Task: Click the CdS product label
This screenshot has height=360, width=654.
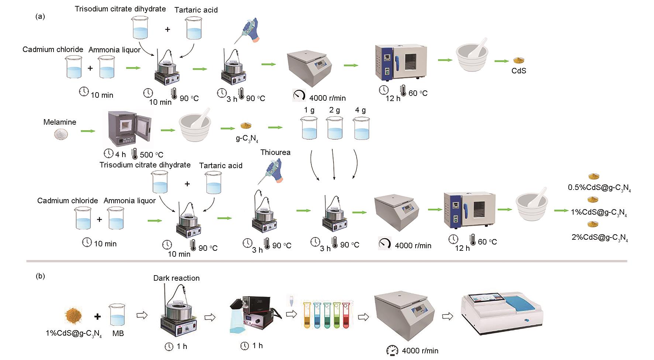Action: (519, 71)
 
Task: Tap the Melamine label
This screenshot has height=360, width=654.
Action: (60, 122)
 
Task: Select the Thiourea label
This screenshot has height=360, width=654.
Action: (275, 152)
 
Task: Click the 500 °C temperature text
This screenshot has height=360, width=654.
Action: (151, 155)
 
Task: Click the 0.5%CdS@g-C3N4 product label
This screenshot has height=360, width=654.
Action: (599, 188)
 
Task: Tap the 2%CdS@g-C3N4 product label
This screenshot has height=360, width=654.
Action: (599, 238)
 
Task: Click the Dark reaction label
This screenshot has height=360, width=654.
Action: (176, 278)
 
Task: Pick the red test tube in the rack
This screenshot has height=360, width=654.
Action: (346, 315)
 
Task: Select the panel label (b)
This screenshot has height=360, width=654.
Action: (40, 276)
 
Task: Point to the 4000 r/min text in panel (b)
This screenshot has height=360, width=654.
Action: (420, 351)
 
